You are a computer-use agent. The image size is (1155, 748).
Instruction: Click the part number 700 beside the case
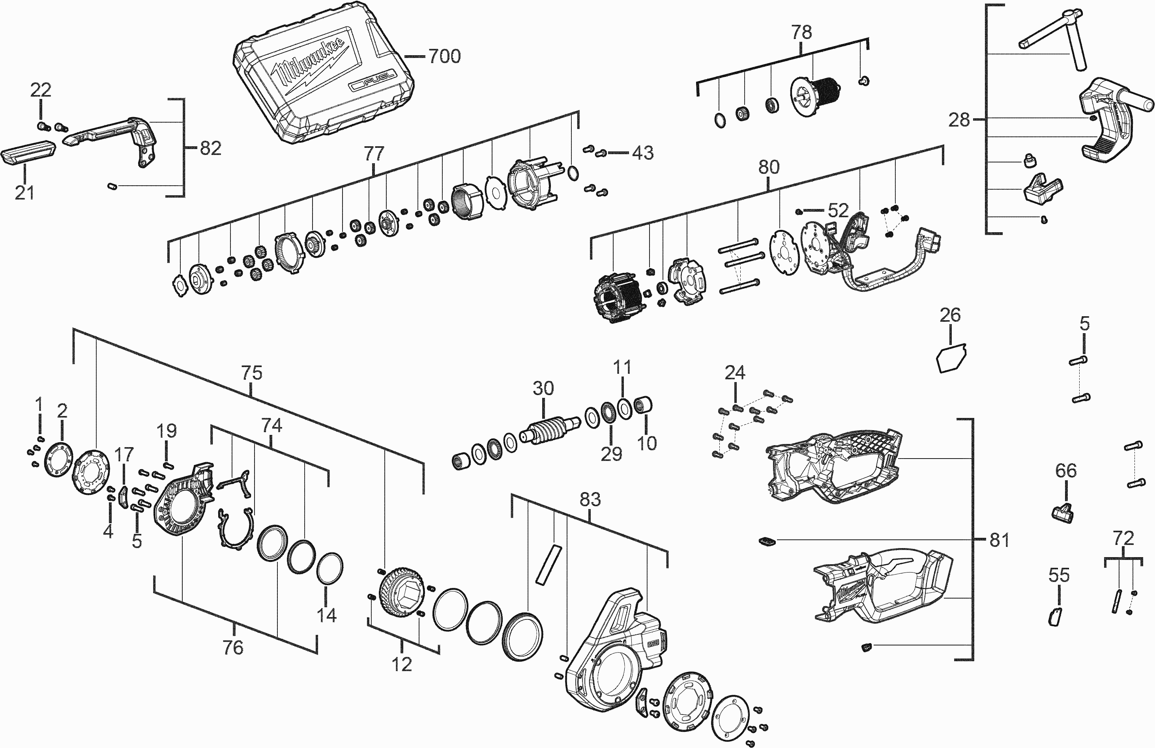pos(444,57)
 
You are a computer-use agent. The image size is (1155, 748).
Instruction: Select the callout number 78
pos(802,32)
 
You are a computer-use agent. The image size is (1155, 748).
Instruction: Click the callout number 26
pos(950,315)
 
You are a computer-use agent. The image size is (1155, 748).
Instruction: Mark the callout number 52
pos(838,211)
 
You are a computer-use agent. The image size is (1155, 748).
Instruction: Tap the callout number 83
pos(590,499)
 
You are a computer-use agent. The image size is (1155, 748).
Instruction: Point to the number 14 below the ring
pos(327,615)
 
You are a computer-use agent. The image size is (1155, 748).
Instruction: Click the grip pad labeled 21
pos(29,154)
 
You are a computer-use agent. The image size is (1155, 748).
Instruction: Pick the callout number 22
pos(41,90)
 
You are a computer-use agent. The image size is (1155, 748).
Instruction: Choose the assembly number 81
pos(999,540)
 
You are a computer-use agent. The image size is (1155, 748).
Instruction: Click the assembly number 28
pos(959,120)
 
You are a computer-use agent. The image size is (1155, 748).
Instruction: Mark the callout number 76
pos(233,647)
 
